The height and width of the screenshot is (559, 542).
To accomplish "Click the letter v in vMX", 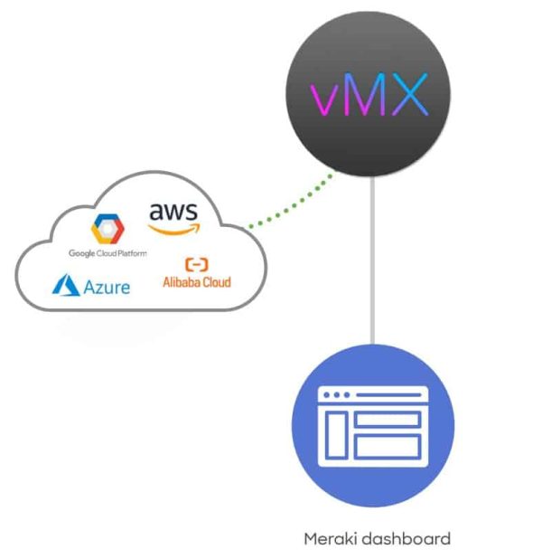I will click(322, 99).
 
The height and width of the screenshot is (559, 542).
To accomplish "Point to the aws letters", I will click(173, 212).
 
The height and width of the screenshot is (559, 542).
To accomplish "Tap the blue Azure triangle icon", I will click(65, 287).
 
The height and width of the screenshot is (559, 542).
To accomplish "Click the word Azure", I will click(107, 288).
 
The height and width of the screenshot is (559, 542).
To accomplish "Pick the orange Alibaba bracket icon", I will click(196, 264).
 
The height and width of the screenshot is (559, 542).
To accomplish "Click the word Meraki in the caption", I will click(329, 539).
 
